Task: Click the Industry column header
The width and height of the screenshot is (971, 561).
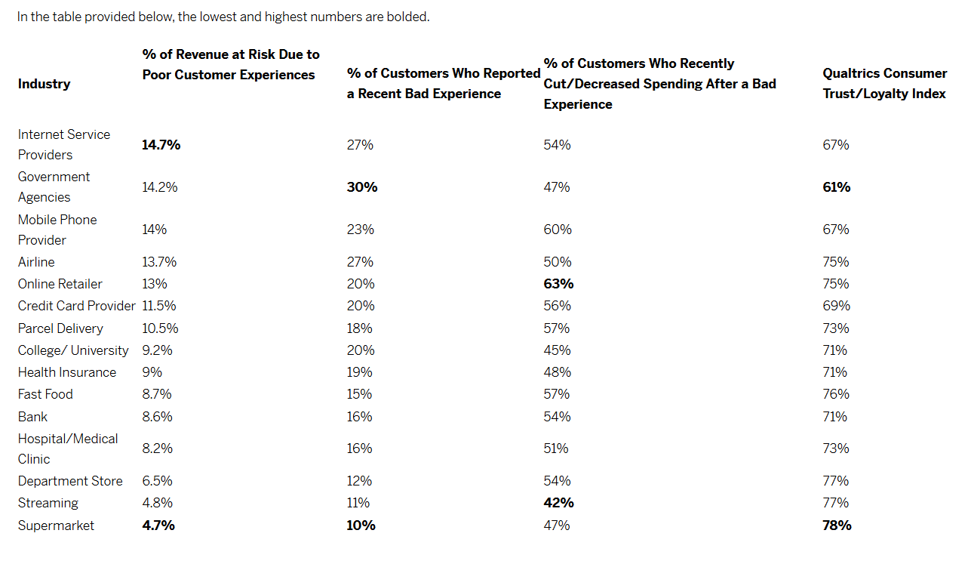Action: pos(44,84)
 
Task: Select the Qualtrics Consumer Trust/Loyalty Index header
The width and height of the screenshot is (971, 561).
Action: pos(884,84)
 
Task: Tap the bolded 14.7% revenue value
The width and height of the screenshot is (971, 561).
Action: pos(161,145)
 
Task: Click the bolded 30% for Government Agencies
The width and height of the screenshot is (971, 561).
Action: pos(362,187)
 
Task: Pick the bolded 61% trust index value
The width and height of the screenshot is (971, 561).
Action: pos(836,187)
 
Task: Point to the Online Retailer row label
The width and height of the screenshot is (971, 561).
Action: pos(60,284)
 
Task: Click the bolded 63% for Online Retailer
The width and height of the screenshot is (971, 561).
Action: pos(558,284)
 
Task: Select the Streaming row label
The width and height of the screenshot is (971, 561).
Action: pos(48,503)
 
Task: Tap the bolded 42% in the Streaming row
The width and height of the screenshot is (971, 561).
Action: pos(558,503)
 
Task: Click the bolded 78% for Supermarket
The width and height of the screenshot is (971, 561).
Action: pos(837,526)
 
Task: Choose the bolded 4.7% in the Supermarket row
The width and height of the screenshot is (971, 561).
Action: pos(158,526)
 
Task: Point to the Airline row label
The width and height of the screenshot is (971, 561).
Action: pos(36,262)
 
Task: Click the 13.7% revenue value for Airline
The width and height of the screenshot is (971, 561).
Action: pos(159,262)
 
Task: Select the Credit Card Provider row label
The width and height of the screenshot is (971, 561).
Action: pos(77,306)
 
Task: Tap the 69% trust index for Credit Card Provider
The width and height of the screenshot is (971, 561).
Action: pos(836,306)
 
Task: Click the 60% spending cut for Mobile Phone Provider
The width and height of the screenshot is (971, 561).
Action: pos(558,230)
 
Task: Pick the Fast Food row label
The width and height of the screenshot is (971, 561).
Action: pos(45,394)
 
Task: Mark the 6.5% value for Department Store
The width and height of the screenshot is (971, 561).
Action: pos(157,481)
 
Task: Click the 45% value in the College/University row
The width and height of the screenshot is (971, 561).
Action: pos(557,350)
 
